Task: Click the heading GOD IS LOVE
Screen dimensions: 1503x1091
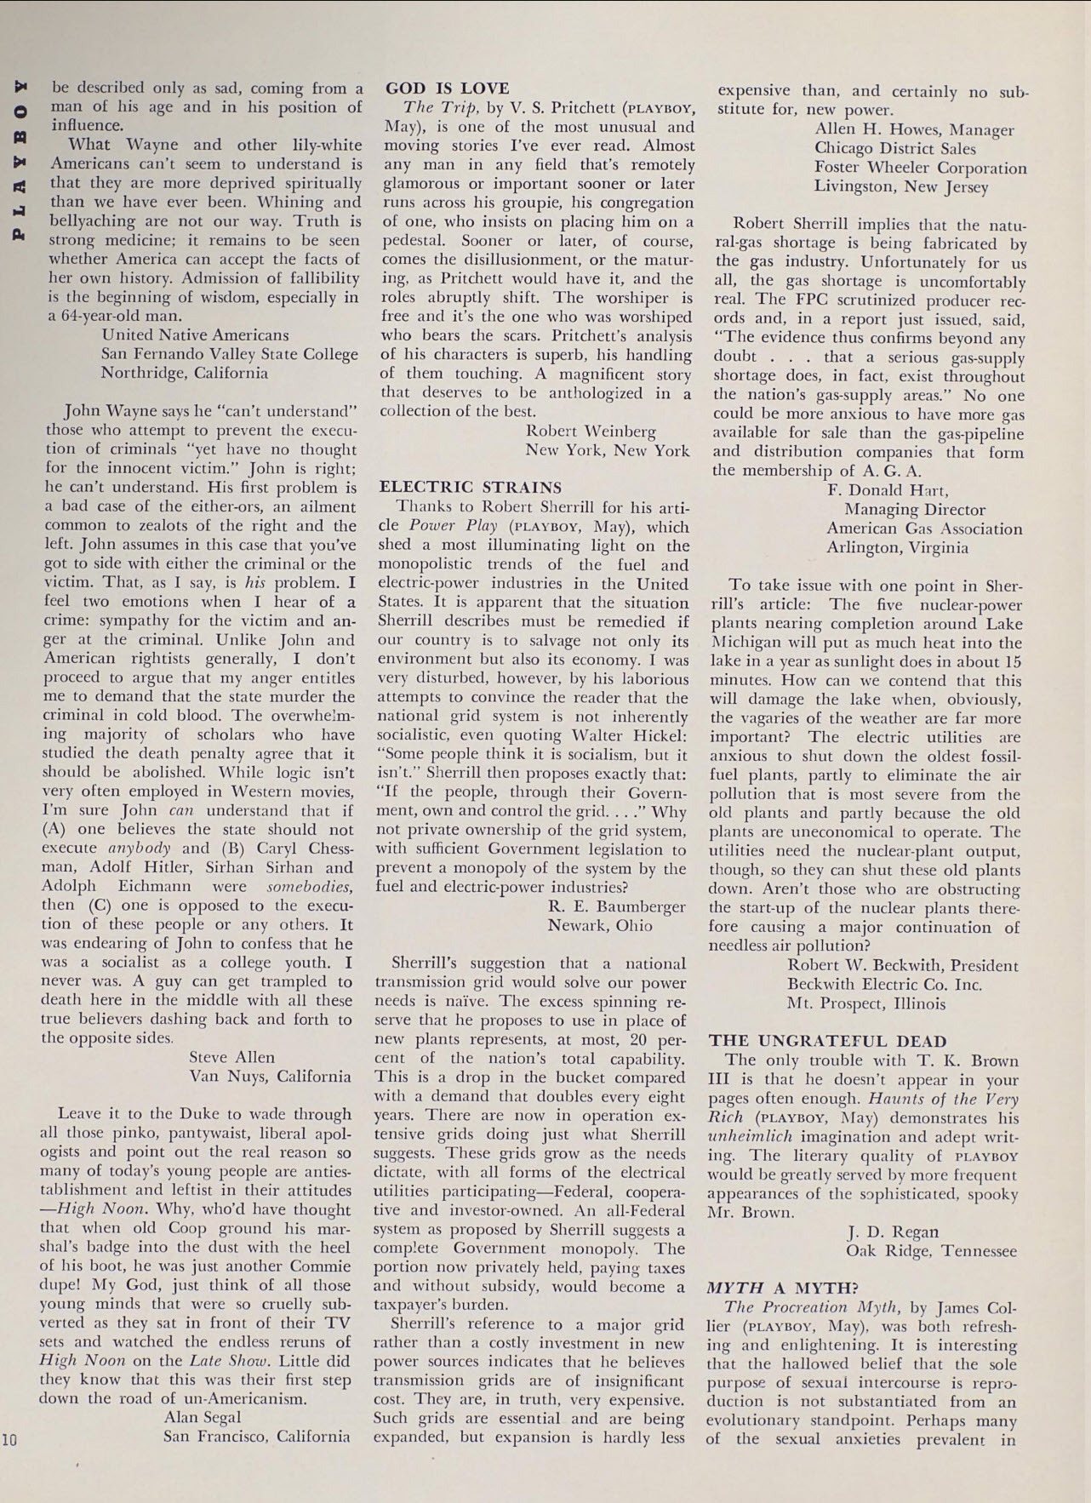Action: [448, 89]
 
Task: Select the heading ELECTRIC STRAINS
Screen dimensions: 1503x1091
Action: [470, 488]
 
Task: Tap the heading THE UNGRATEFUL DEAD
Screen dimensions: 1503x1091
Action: [827, 1041]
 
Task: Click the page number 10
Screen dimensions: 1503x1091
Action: [9, 1440]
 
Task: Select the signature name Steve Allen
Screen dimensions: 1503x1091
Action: [231, 1057]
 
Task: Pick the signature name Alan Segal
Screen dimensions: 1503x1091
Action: [202, 1417]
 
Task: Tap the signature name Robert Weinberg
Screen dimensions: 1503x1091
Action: [591, 431]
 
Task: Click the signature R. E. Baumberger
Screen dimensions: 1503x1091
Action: [616, 906]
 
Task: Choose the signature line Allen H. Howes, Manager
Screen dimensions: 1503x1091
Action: [914, 130]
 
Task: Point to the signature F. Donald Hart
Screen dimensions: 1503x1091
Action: [887, 490]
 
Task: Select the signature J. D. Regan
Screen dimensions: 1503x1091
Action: [893, 1232]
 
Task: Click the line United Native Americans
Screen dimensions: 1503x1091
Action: [195, 335]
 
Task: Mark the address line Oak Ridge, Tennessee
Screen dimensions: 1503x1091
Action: [930, 1251]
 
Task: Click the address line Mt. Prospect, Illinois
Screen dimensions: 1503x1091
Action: [865, 1003]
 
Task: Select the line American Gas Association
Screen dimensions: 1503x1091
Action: [924, 529]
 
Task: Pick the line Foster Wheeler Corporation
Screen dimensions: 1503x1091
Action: [920, 168]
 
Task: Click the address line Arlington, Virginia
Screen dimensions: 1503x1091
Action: [897, 547]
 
